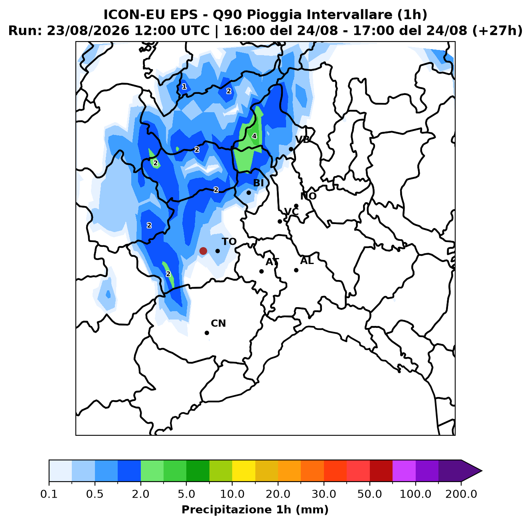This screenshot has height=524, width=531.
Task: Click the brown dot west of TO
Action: tap(203, 251)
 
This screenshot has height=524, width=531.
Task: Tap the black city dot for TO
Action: tap(217, 251)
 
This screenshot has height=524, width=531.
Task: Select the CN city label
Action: tap(218, 323)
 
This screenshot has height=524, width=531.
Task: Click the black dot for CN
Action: tap(207, 333)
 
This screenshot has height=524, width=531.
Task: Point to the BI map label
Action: tap(259, 183)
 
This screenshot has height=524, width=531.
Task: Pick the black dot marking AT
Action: tap(261, 271)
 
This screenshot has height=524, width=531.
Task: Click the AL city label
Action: tap(307, 260)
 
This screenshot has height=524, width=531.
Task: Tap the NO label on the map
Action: tap(308, 196)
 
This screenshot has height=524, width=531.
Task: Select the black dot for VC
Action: tap(280, 221)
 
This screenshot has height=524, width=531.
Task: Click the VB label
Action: tap(302, 139)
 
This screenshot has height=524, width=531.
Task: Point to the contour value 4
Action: tap(254, 136)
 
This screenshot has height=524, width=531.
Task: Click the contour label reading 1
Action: tap(184, 87)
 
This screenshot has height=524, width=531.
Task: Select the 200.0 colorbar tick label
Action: tap(461, 494)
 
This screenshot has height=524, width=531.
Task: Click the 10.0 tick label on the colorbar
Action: tap(232, 494)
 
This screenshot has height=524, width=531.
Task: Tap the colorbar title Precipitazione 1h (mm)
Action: tap(255, 509)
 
